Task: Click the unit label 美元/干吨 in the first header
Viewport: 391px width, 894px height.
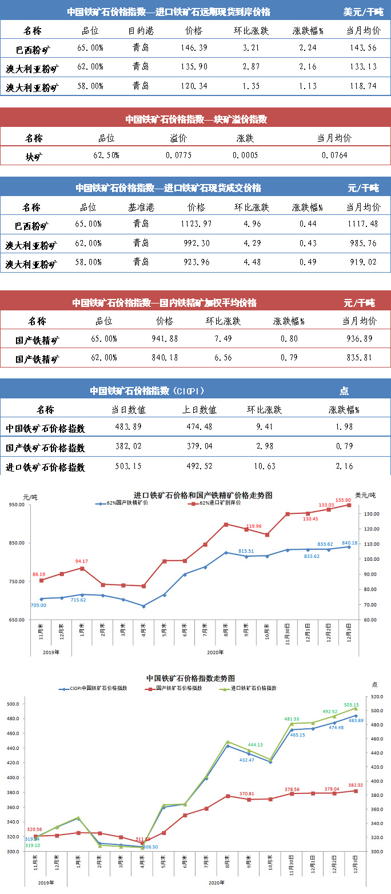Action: point(363,11)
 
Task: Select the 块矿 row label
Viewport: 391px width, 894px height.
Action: point(34,155)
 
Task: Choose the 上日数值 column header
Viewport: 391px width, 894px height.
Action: point(200,410)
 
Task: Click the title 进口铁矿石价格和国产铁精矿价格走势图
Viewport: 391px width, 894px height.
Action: point(203,495)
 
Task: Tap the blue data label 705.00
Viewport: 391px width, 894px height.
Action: point(38,605)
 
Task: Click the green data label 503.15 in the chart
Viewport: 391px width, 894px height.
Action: point(351,705)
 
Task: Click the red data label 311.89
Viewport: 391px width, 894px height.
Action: point(143,839)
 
